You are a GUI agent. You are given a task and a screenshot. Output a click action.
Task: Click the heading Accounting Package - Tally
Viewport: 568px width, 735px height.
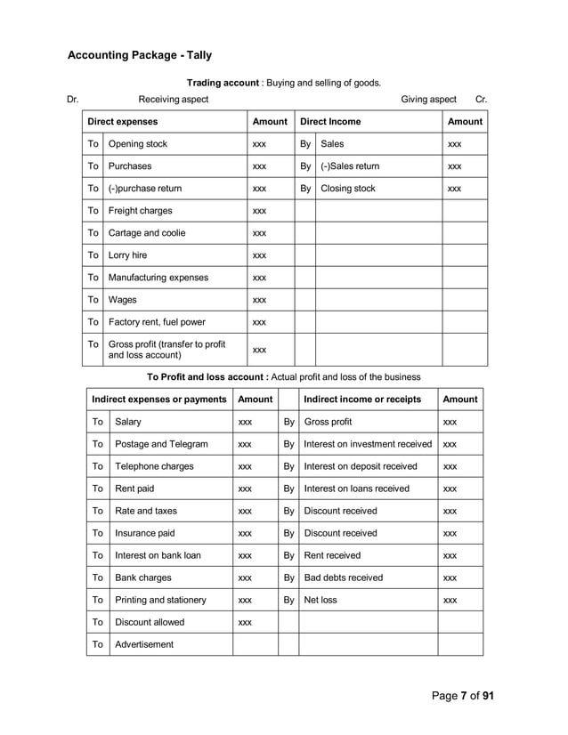[140, 56]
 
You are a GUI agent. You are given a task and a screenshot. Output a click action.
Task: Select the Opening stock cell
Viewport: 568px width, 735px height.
[137, 144]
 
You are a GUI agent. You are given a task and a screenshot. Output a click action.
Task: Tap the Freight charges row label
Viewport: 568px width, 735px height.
[140, 211]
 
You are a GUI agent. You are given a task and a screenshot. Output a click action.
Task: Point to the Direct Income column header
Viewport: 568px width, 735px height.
[330, 122]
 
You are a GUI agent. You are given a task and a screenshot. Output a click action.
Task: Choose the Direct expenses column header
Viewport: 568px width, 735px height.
[122, 122]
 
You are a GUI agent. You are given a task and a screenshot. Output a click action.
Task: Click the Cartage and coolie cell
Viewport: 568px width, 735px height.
[147, 233]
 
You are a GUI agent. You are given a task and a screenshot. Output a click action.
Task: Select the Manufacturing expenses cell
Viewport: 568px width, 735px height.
[158, 278]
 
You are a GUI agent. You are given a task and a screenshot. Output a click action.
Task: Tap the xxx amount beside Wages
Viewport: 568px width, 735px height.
[259, 301]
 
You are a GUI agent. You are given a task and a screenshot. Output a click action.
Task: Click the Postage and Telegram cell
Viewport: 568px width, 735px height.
[161, 444]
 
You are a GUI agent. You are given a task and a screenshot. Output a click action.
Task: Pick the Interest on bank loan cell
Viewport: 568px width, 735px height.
[158, 555]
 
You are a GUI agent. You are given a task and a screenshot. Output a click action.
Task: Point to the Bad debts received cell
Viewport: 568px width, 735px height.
[343, 577]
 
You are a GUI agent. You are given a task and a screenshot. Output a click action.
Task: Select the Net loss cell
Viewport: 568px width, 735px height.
[321, 600]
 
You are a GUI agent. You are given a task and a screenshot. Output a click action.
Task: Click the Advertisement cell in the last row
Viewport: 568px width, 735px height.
[144, 644]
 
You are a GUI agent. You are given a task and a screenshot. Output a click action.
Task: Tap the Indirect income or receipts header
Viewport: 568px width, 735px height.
[362, 400]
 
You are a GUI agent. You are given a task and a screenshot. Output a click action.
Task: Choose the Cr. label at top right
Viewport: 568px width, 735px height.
[481, 100]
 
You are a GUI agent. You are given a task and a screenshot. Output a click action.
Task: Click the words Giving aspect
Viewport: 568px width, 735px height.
[428, 100]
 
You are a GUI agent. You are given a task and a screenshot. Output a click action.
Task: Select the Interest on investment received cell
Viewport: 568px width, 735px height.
[368, 444]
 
